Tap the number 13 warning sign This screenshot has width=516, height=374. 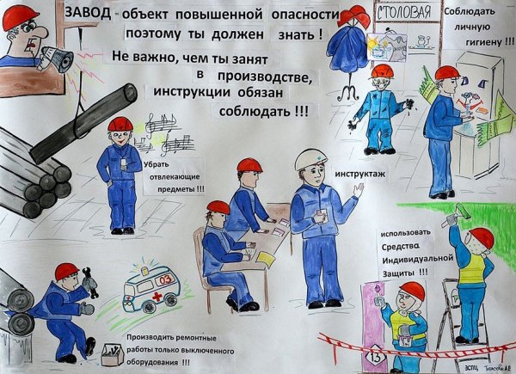[x=350, y=354]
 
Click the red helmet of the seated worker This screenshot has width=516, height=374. [x=218, y=207]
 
